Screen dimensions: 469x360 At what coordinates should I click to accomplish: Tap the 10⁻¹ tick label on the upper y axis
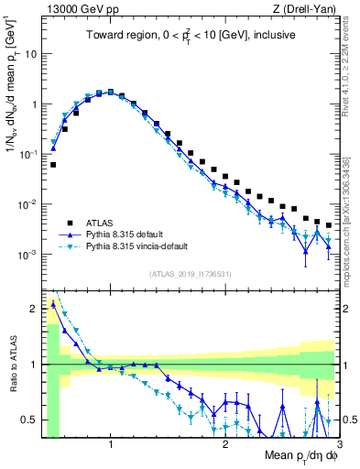27,154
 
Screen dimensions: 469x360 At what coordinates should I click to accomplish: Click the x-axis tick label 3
338,446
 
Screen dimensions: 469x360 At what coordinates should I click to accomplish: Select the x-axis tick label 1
111,446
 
